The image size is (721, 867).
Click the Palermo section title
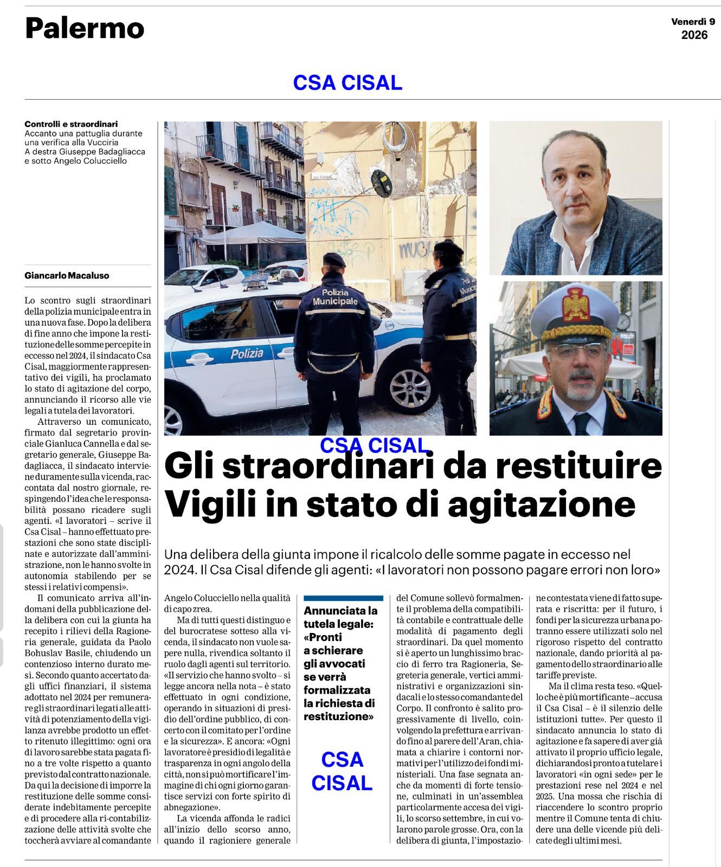pos(85,29)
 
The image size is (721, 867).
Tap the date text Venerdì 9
pos(693,22)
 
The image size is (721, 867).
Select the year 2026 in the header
pos(694,35)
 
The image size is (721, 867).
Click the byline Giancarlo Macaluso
pos(67,275)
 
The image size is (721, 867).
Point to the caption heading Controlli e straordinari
pos(71,124)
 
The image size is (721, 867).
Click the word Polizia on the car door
pos(247,354)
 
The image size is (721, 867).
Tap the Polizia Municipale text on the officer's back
pos(336,296)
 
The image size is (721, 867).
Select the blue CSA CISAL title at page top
pos(347,82)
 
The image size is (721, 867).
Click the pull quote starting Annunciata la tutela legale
pos(340,663)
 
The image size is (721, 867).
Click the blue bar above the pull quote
pos(343,598)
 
